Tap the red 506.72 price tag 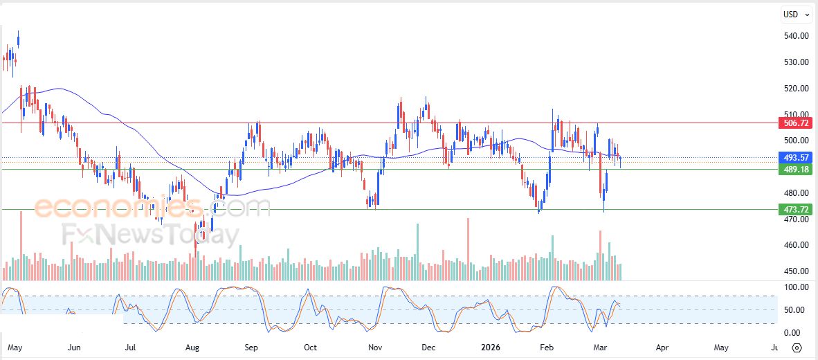pos(794,123)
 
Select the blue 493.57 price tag pos(794,158)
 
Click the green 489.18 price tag pos(794,170)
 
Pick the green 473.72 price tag pos(794,209)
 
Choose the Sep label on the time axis pos(252,348)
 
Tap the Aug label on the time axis pos(193,348)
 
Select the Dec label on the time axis pos(428,348)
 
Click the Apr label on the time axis pos(662,348)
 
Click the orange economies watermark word pos(118,207)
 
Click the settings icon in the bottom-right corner pos(797,348)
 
